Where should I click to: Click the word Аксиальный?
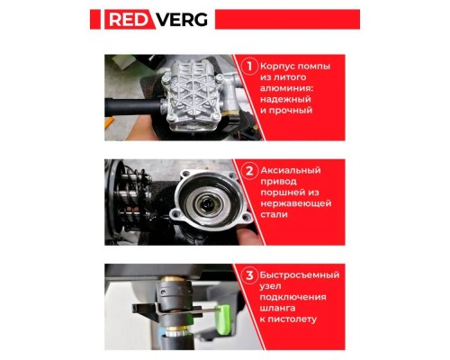294,170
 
